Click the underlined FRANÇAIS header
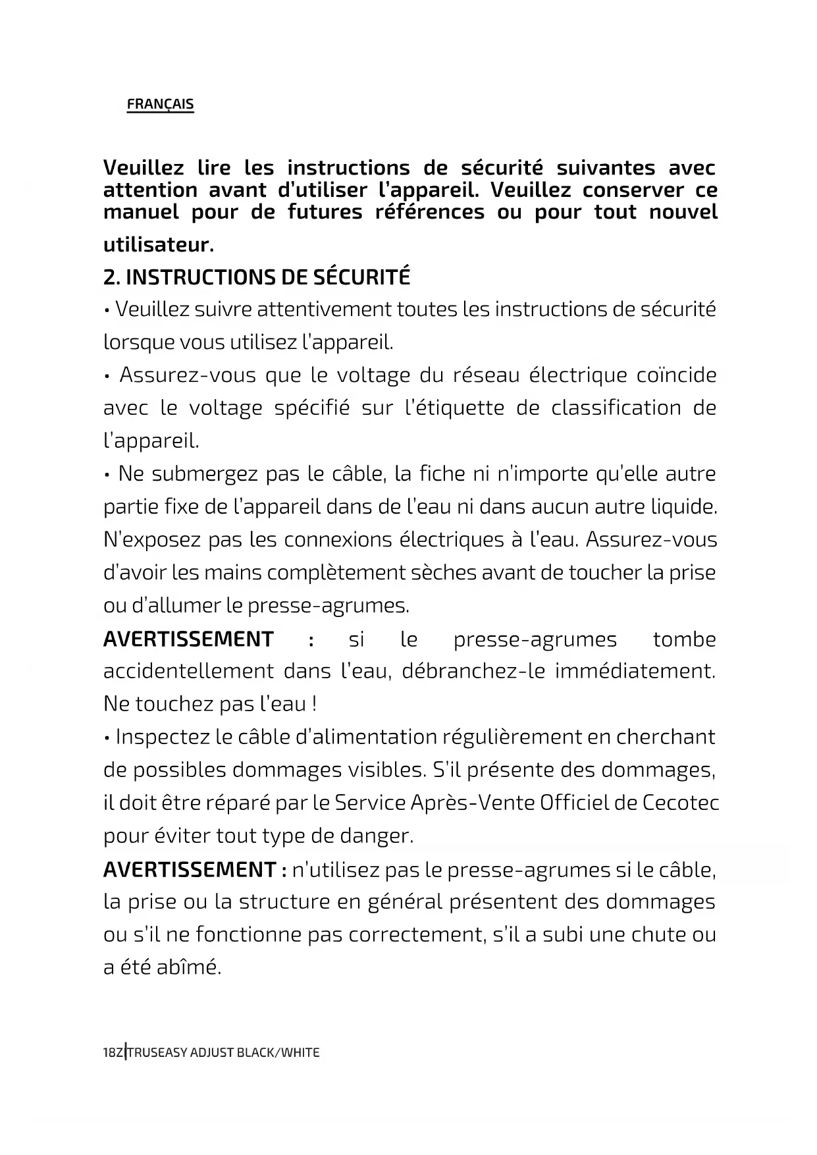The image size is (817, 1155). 160,104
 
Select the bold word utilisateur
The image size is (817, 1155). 158,246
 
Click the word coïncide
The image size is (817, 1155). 676,375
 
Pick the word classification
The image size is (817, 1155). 616,408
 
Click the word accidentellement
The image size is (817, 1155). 188,672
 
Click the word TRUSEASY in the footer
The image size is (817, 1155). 157,1052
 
